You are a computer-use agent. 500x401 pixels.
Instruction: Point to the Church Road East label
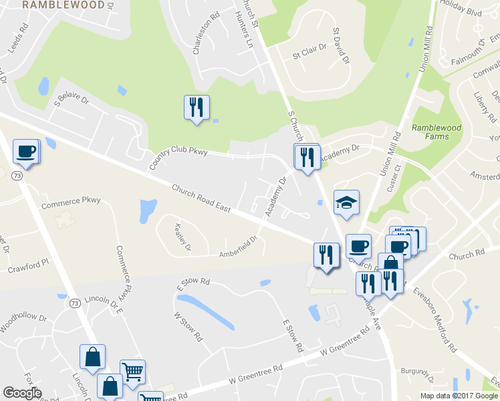tap(201, 198)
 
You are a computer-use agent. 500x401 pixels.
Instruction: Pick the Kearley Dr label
tap(182, 237)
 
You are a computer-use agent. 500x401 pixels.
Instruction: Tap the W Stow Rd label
tap(188, 326)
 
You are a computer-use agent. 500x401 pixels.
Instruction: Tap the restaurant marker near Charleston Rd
tap(197, 108)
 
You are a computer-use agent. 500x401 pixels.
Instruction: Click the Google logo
tap(22, 393)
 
